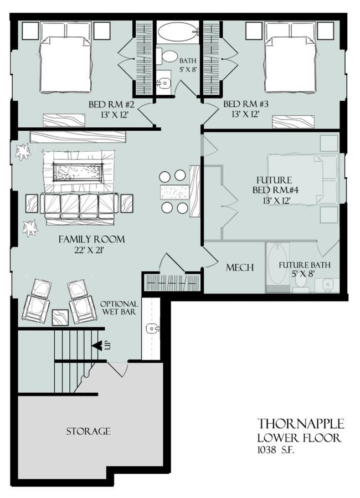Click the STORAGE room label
pyautogui.click(x=88, y=431)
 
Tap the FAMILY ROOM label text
pyautogui.click(x=91, y=239)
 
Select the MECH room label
pyautogui.click(x=240, y=268)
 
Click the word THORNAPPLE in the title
pyautogui.click(x=301, y=424)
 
